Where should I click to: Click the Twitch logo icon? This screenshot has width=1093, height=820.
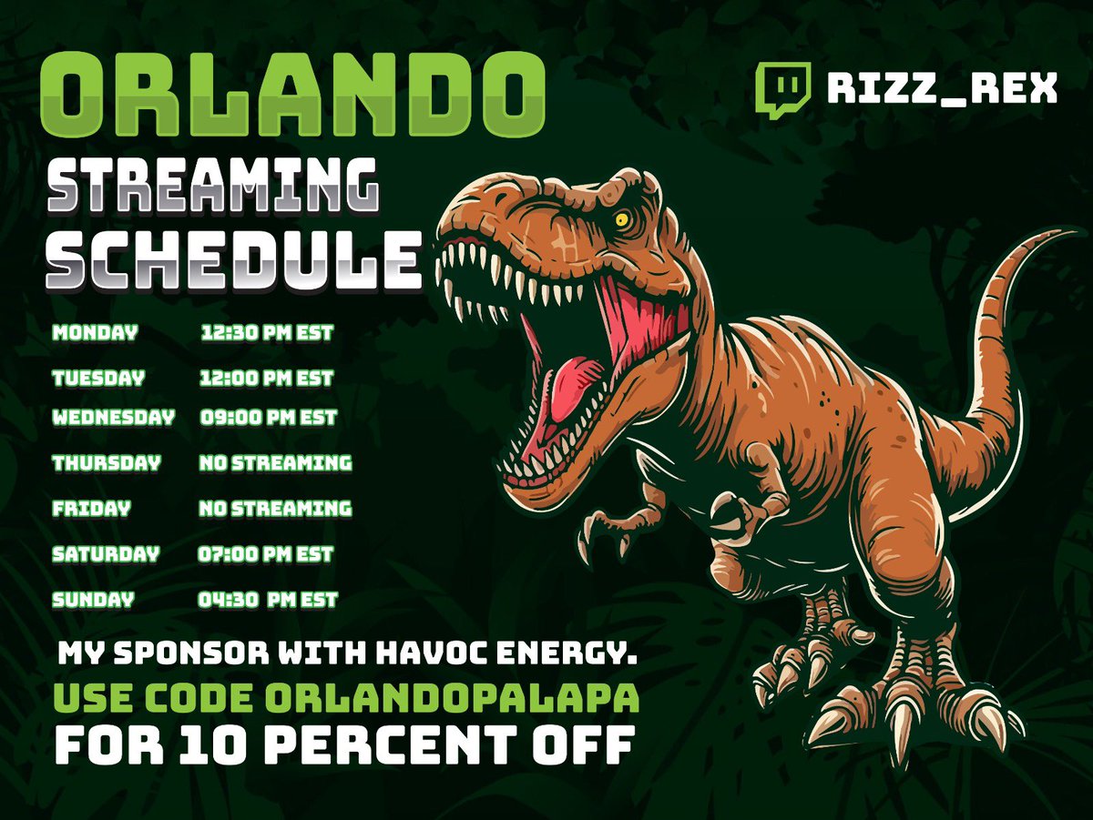pos(782,90)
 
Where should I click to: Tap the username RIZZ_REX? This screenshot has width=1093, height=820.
pos(942,88)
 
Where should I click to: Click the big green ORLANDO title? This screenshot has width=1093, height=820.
pos(292,95)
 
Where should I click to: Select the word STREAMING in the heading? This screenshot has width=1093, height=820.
pos(212,184)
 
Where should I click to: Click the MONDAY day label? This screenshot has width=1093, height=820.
pos(95,333)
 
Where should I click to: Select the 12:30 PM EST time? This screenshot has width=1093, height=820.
pos(267,333)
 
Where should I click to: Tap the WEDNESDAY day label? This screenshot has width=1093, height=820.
pos(114,418)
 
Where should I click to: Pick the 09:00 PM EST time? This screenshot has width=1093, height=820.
pos(268,418)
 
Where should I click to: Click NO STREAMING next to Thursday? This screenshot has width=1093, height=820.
pos(275,463)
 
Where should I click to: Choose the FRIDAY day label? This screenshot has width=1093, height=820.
pos(92,509)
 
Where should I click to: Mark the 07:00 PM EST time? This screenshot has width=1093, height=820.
pos(265,554)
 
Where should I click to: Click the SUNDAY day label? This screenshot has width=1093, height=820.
pos(94,600)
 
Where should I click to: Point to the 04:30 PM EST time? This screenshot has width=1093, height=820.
pos(268,600)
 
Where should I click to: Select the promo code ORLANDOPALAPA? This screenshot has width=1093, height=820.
pos(452,698)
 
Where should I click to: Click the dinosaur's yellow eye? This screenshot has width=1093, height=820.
pos(622,219)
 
